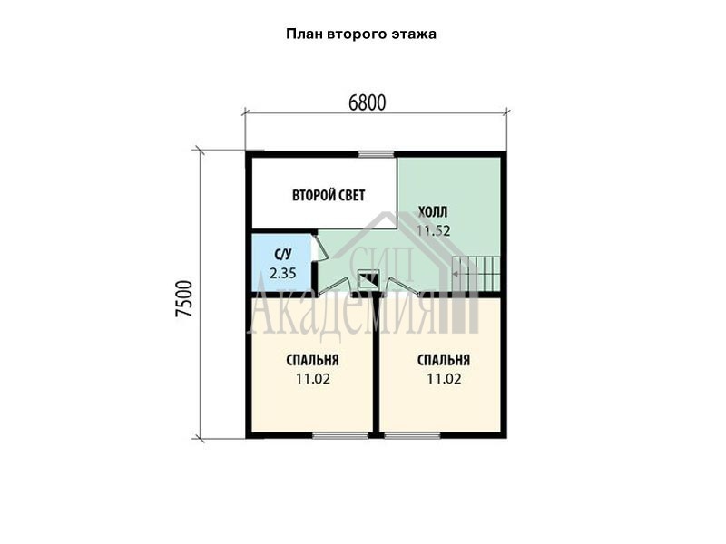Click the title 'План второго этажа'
pos(361,34)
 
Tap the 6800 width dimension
pos(368,102)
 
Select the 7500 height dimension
pos(184,298)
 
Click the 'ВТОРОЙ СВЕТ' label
pos(329,195)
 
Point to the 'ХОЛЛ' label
pos(433,212)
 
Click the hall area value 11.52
pos(433,230)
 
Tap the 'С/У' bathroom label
pos(283,254)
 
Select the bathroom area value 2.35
pos(283,273)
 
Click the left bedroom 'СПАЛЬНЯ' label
pos(312,360)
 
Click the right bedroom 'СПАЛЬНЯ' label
pos(444,360)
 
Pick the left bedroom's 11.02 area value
pos(313,379)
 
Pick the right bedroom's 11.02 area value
pos(444,379)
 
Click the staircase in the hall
pos(476,274)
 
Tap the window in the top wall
pos(377,154)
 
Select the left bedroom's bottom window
pos(340,435)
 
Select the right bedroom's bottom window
pos(412,435)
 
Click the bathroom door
pos(320,252)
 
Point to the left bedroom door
pos(335,287)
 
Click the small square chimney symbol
pos(369,279)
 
